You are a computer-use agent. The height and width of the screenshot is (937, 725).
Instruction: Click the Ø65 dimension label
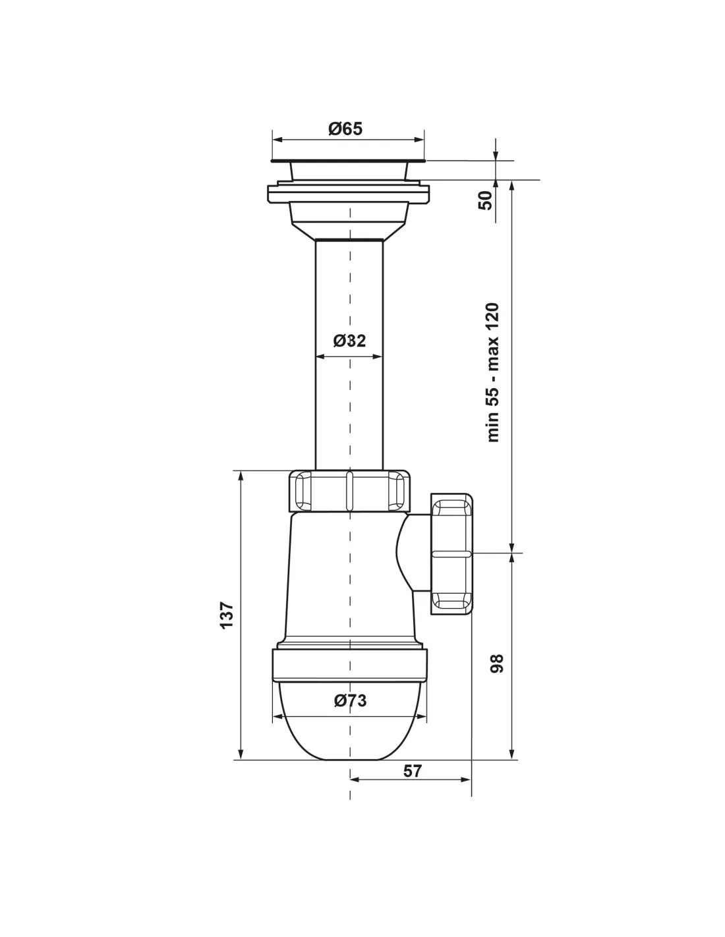click(x=345, y=128)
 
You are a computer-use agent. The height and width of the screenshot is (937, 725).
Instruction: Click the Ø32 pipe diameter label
click(x=349, y=341)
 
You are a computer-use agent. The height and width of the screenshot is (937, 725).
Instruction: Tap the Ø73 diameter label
click(x=350, y=700)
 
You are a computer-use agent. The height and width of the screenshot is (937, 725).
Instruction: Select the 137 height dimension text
click(x=227, y=615)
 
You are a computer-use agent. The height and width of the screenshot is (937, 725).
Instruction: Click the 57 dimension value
click(x=412, y=770)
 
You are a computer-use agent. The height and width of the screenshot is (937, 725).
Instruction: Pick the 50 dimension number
click(x=485, y=200)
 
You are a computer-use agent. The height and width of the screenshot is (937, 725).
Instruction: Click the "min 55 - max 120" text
click(x=493, y=372)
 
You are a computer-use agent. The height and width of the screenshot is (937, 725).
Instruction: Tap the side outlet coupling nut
click(x=451, y=555)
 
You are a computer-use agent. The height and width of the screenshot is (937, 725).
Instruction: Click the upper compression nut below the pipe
click(x=349, y=491)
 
